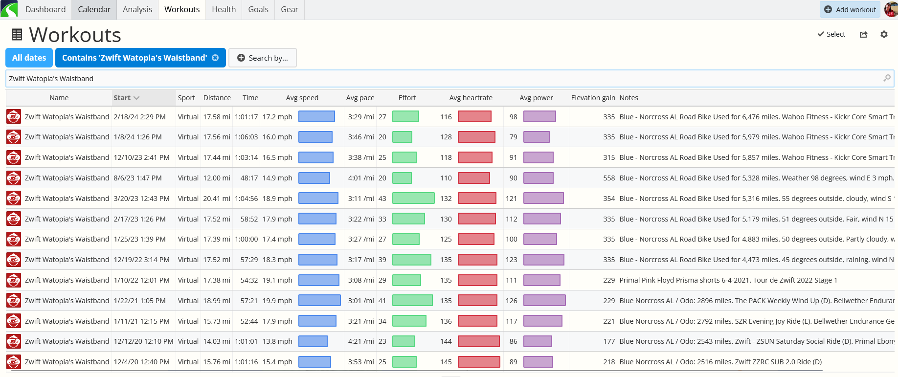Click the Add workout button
tap(850, 9)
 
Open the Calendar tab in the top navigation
tap(94, 9)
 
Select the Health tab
tap(224, 9)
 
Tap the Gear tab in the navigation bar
tap(290, 9)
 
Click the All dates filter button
tap(29, 58)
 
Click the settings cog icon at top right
tap(884, 34)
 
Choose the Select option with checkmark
tap(831, 34)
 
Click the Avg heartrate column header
tap(471, 98)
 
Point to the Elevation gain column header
tap(593, 98)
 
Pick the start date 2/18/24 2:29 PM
tap(139, 117)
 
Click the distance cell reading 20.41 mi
tap(217, 199)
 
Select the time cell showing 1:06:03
tap(246, 137)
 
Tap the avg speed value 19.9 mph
tap(277, 301)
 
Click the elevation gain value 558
tap(609, 178)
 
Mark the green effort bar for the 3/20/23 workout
tap(413, 198)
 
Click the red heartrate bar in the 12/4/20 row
tap(479, 362)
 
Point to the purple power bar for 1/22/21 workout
tap(544, 300)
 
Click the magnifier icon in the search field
tap(887, 78)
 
